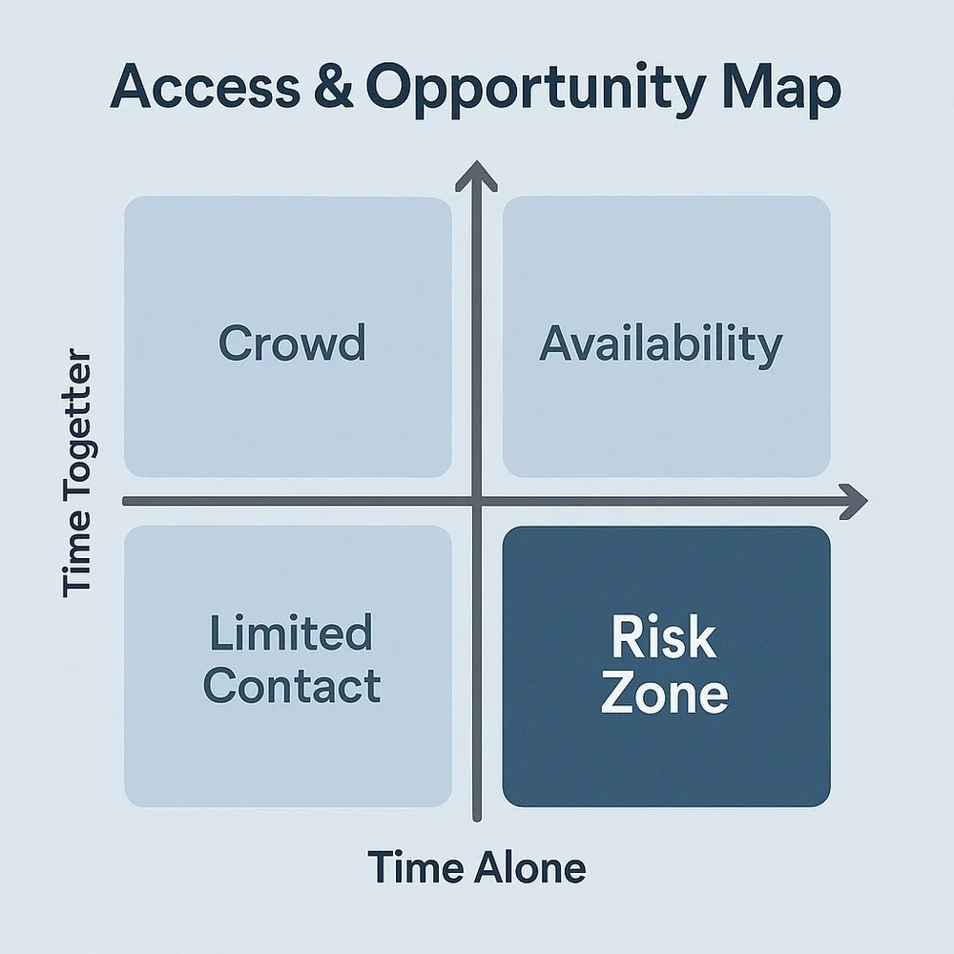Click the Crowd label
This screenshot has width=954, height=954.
pyautogui.click(x=292, y=342)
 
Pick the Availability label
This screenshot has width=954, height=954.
pyautogui.click(x=660, y=344)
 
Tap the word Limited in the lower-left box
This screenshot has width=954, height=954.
pyautogui.click(x=290, y=633)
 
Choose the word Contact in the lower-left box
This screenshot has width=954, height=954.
pyautogui.click(x=292, y=686)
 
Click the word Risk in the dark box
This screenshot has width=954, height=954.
pyautogui.click(x=663, y=638)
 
